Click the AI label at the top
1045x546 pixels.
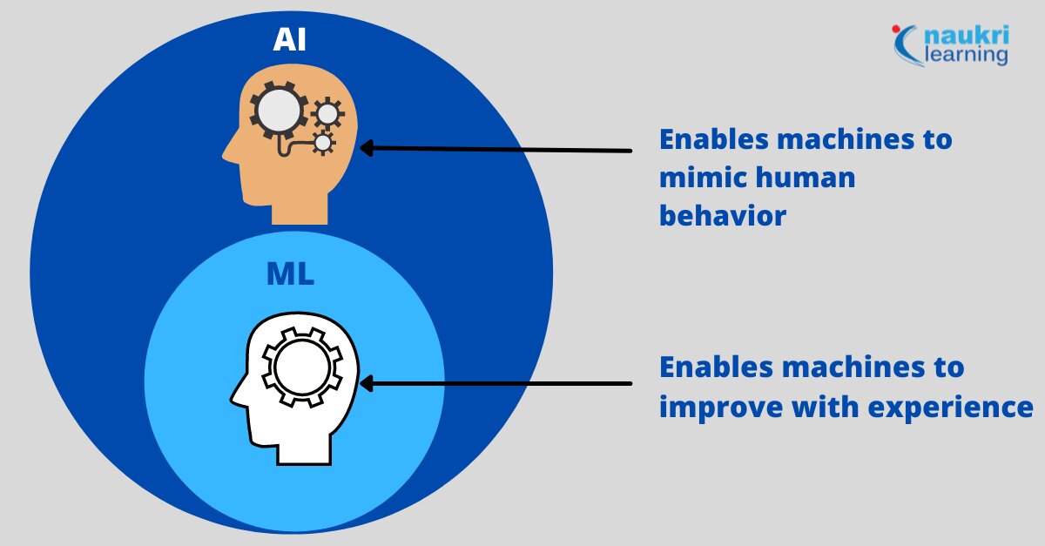[290, 40]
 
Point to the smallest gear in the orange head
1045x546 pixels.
[323, 142]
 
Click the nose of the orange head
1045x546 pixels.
[228, 157]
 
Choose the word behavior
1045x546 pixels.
[722, 215]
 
